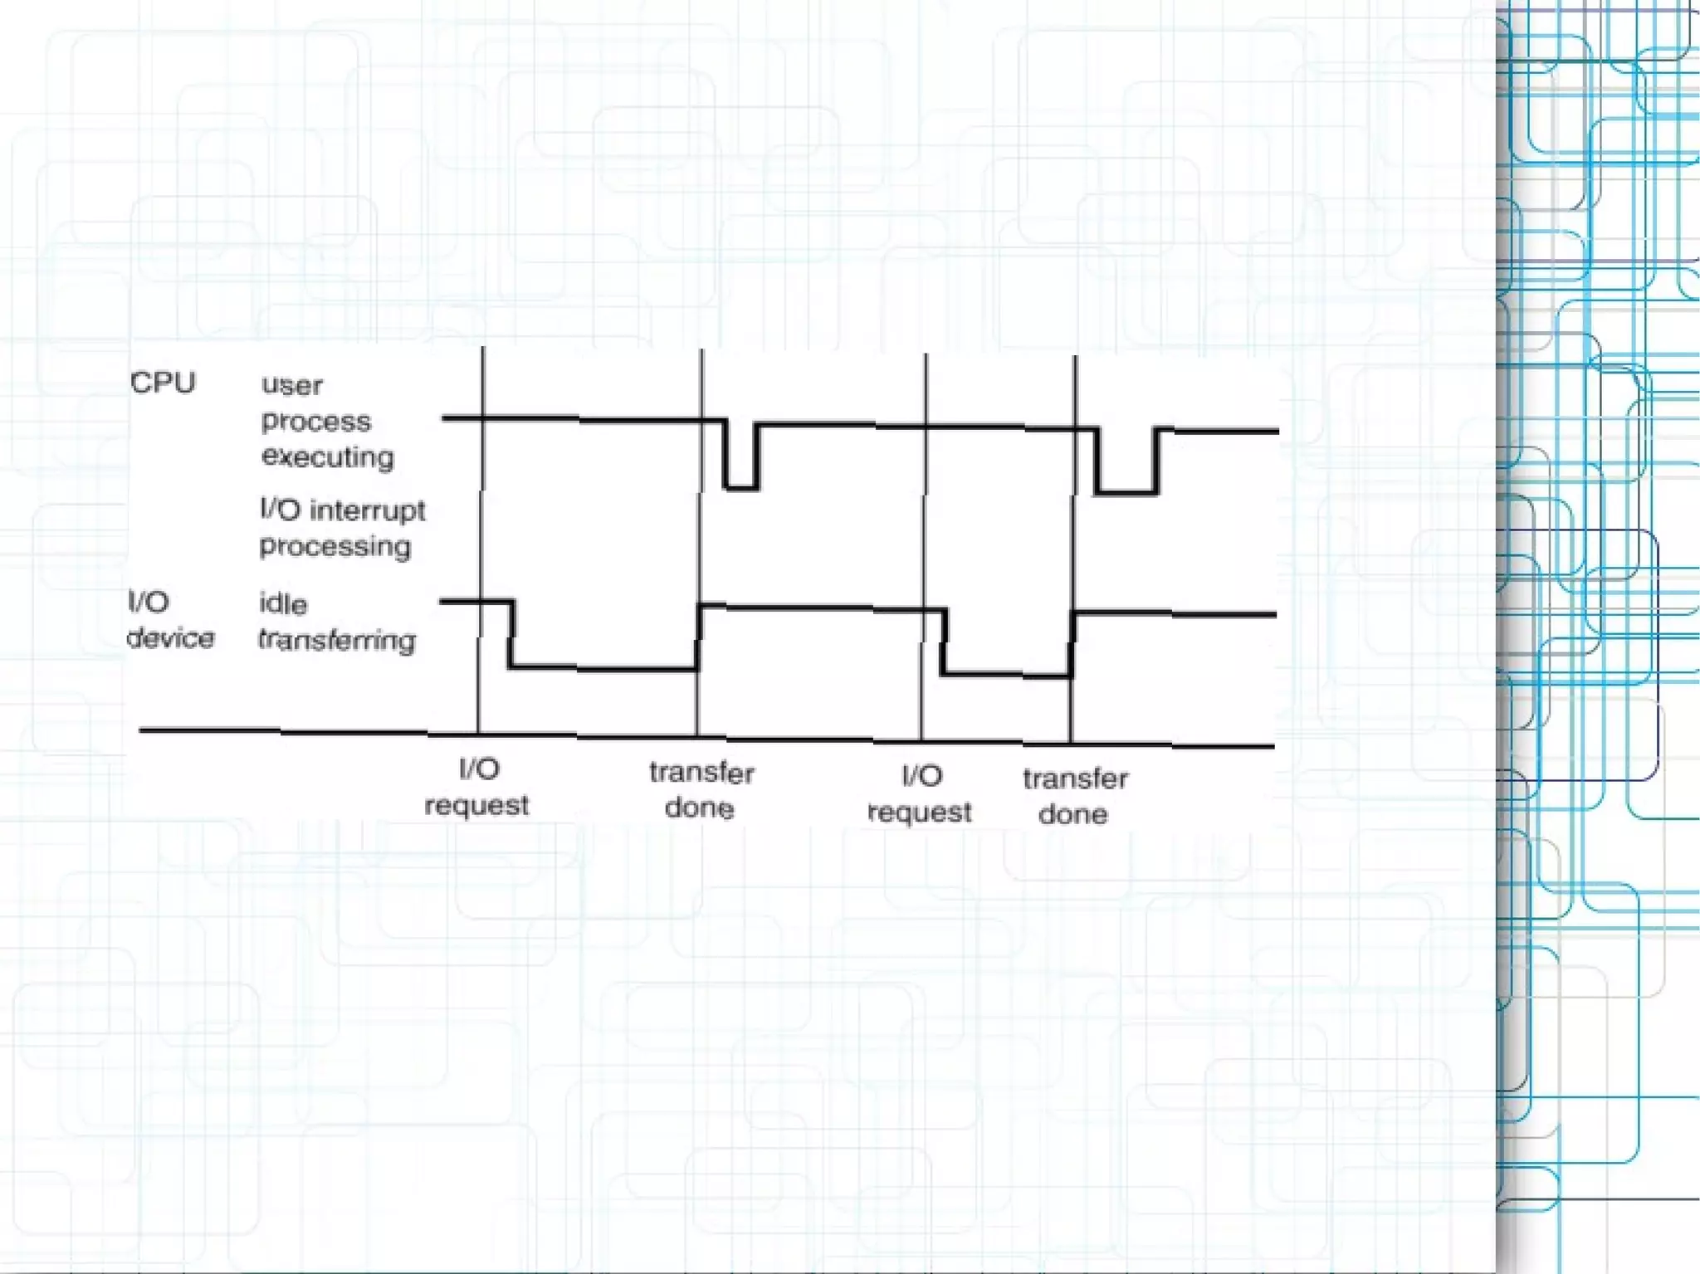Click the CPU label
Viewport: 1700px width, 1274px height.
click(163, 383)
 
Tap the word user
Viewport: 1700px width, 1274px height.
click(292, 385)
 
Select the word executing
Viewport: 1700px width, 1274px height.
click(328, 457)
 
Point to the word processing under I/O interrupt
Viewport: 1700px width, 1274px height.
click(335, 547)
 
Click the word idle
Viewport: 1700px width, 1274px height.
click(283, 603)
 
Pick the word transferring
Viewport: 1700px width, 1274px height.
click(336, 640)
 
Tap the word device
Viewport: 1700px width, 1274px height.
click(170, 638)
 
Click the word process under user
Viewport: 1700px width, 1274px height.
click(316, 422)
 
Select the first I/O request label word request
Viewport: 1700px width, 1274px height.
click(476, 806)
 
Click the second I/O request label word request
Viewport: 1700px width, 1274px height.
click(920, 812)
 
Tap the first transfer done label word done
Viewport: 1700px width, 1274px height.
click(700, 808)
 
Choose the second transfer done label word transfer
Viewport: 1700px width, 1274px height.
click(1076, 779)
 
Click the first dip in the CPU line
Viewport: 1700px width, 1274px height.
click(741, 486)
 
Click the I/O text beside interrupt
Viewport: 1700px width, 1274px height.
click(280, 509)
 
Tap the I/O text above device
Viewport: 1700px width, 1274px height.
click(149, 602)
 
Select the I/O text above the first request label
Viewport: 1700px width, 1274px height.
click(480, 769)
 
